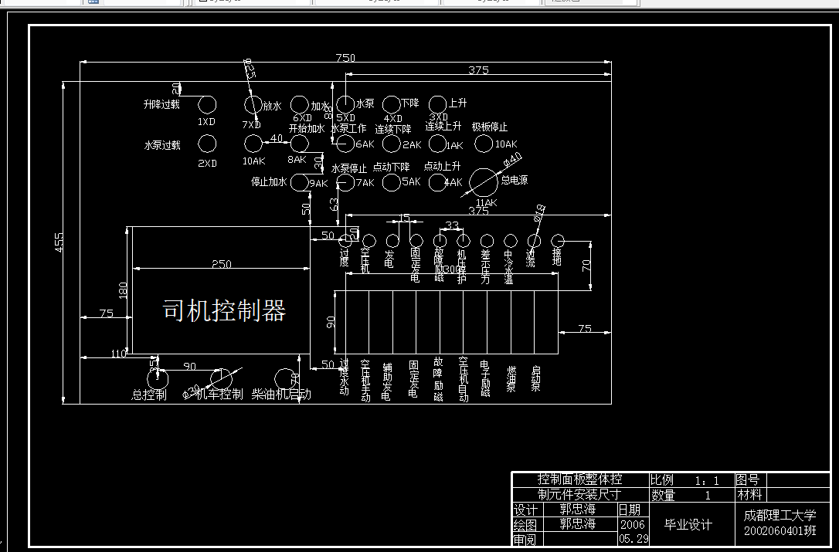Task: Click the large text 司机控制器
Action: (x=224, y=310)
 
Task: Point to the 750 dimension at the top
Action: (x=345, y=58)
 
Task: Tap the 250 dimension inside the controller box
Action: (x=221, y=264)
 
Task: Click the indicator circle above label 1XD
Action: (x=207, y=104)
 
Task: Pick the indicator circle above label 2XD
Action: (x=207, y=144)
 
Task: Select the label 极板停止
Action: (x=490, y=127)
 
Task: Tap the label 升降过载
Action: (x=161, y=104)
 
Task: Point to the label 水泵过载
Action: (x=161, y=144)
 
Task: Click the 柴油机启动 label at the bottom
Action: (x=281, y=395)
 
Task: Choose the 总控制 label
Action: (x=149, y=395)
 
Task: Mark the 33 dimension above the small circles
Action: (x=452, y=226)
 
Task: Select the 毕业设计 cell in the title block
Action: (x=688, y=524)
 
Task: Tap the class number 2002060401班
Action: (x=780, y=531)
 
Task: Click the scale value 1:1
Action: (x=706, y=480)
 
